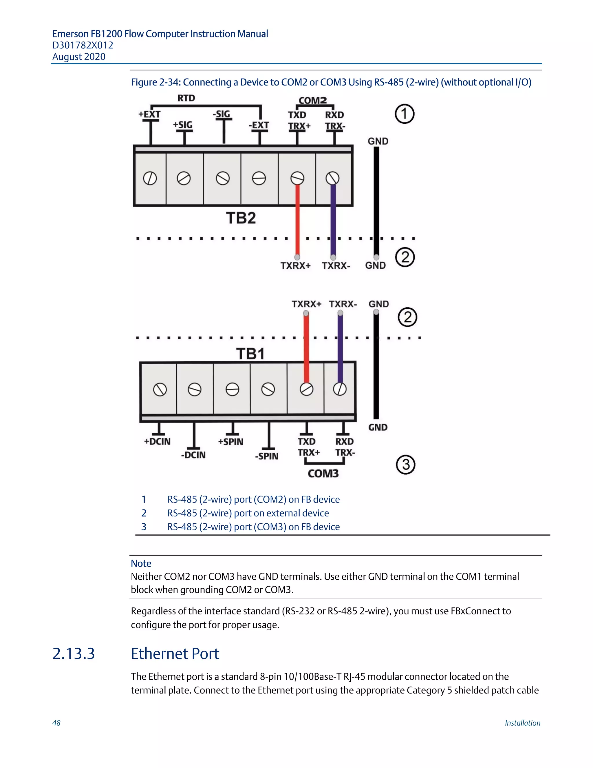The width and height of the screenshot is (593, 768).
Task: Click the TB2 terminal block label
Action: coord(241,218)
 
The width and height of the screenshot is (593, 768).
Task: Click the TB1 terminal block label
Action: coord(250,354)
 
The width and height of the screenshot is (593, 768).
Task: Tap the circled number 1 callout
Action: coord(404,114)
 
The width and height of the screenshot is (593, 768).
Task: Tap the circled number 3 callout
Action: coord(405,465)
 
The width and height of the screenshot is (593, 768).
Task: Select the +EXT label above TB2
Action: coord(149,114)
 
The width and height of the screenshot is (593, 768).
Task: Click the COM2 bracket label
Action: coord(313,101)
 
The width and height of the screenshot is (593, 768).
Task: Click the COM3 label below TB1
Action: coord(323,473)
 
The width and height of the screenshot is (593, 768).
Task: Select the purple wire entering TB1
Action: coord(340,348)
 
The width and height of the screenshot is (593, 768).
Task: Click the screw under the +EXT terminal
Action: coord(150,178)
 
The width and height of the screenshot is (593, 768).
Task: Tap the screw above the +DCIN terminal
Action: coord(160,390)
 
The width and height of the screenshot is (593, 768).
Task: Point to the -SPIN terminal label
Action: coord(267,456)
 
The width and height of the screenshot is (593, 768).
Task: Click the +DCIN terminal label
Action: coord(158,441)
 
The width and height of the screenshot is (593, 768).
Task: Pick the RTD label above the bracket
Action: coord(186,98)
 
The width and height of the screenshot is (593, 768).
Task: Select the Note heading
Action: coord(141,563)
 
